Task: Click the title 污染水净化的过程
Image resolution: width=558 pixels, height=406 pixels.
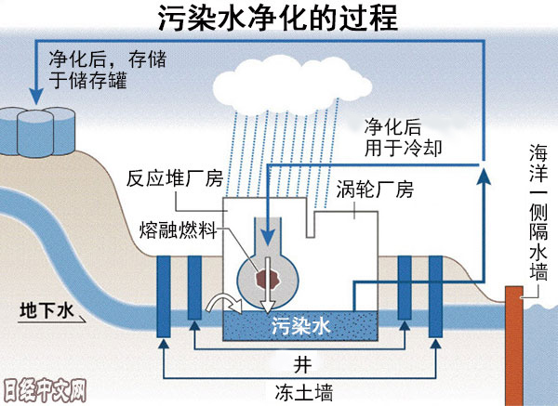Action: [x=278, y=18]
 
